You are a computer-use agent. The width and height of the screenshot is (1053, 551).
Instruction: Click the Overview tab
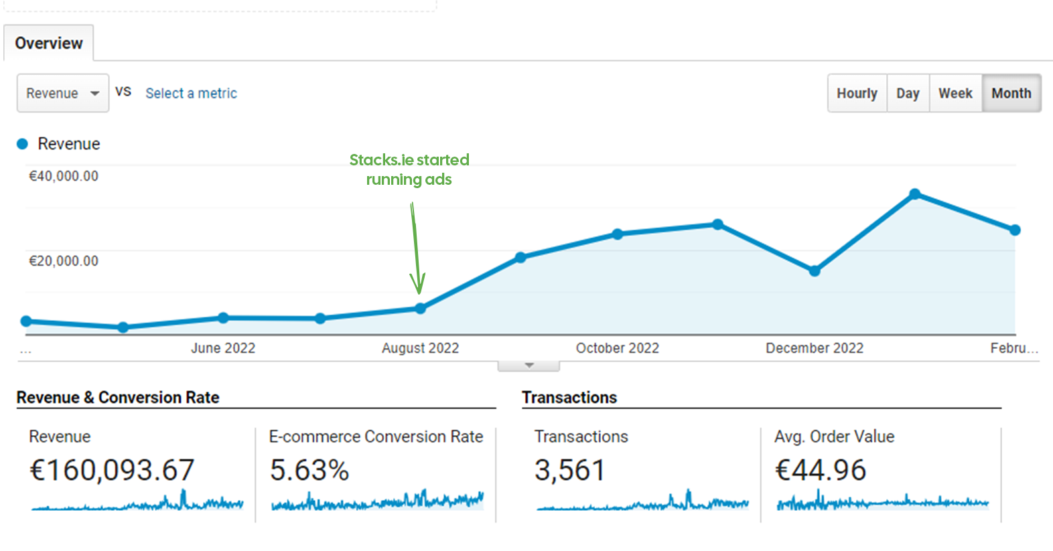(49, 44)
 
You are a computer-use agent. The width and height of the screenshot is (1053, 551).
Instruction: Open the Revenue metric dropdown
(62, 93)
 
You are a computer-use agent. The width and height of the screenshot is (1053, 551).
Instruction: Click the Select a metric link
(191, 93)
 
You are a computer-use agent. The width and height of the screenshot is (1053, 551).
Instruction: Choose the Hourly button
(857, 93)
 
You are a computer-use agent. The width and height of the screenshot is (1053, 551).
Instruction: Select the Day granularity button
(908, 93)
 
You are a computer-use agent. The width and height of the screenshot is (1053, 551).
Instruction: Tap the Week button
(955, 93)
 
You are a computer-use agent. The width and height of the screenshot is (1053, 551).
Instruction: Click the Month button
(1011, 93)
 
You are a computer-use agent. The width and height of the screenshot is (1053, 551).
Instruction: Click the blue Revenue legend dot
(22, 144)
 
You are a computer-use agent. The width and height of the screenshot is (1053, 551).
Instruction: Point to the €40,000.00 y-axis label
(64, 176)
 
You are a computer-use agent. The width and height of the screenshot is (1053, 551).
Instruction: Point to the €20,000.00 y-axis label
(64, 261)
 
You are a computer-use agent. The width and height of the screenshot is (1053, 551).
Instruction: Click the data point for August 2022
(420, 309)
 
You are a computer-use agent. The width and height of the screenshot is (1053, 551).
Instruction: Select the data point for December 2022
(815, 271)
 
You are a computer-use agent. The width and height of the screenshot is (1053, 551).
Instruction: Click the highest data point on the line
(915, 194)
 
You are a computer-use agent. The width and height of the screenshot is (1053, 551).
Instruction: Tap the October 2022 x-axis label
(617, 348)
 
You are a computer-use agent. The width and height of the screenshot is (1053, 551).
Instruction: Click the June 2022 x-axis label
(223, 348)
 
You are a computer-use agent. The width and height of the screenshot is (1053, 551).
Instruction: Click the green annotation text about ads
(409, 169)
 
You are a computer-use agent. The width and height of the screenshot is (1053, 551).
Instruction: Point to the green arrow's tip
(419, 293)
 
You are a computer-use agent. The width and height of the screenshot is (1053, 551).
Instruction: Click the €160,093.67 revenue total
(112, 470)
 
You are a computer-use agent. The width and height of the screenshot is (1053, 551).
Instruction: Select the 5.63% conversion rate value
(309, 470)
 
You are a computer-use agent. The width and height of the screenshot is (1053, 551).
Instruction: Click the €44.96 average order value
(821, 470)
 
